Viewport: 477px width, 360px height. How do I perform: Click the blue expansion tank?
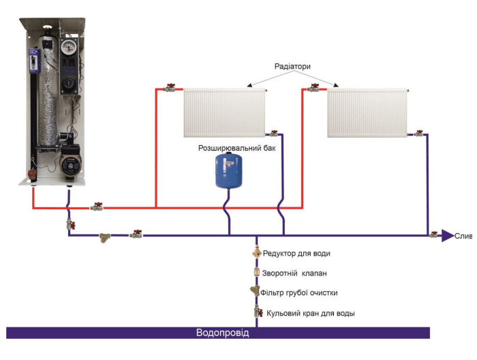coord(229,170)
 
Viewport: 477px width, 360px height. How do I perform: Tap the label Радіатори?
coord(292,67)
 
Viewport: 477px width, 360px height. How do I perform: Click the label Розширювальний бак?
coord(236,147)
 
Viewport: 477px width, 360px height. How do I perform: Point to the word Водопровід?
coord(222,333)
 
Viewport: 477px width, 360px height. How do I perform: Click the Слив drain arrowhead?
coord(447,235)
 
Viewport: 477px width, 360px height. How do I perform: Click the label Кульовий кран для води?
coord(310,314)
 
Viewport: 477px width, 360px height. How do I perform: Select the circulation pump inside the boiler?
coord(67,164)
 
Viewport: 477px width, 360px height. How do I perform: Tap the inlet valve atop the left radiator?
coord(170,88)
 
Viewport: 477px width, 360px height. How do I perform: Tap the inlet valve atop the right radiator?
coord(314,88)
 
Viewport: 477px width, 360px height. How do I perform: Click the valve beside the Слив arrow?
coord(433,235)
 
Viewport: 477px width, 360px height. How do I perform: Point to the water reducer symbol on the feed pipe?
coord(256,253)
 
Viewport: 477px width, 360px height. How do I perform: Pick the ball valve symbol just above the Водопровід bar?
coord(258,313)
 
